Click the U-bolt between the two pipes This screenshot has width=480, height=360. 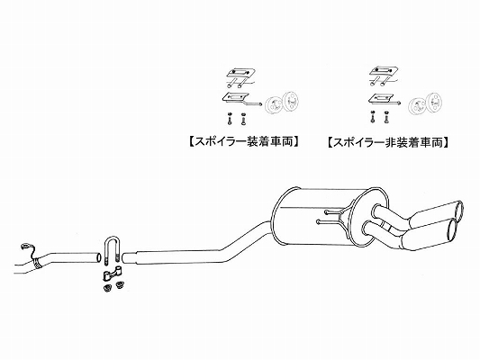coord(113,238)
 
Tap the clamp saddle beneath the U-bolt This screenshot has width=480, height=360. coord(113,274)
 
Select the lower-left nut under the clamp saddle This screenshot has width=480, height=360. coord(107,288)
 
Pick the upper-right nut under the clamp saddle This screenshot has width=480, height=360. coord(120,284)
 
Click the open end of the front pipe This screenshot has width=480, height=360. coord(98,257)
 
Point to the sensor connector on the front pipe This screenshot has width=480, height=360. coord(24,246)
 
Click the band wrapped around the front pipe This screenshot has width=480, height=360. coord(38,263)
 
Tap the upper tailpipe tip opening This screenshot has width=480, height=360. coord(459,210)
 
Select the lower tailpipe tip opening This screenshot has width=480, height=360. coord(451,229)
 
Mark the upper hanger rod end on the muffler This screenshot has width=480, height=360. coord(327,211)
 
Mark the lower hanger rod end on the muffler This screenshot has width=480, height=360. coord(319,221)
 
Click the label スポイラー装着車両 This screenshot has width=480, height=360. coord(243,142)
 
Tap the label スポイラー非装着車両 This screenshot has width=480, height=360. coord(387,142)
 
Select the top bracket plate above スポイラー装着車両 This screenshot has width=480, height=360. coord(240,73)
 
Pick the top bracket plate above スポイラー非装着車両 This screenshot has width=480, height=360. coord(384,72)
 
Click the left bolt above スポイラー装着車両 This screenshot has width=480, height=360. coord(230,119)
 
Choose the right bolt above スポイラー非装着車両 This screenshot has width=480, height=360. coord(385,116)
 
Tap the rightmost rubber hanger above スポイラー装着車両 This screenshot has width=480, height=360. coord(291,100)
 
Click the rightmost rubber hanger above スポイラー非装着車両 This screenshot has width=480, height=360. coord(435,100)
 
